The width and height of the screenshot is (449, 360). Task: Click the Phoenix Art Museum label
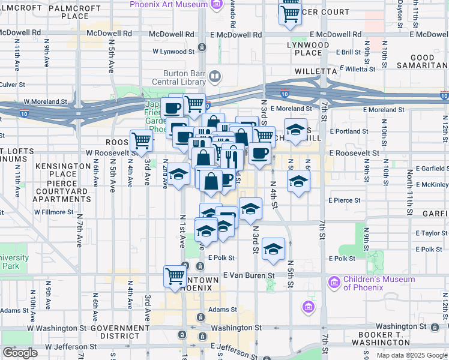point(169,4)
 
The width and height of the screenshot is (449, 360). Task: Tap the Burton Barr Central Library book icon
point(214,77)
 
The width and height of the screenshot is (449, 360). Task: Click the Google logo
point(20,353)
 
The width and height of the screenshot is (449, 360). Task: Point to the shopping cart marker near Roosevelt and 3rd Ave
point(142,142)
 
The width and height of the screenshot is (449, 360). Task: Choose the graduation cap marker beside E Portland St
point(295,130)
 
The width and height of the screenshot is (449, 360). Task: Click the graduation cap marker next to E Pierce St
point(298,181)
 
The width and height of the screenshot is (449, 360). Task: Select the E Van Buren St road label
point(248,275)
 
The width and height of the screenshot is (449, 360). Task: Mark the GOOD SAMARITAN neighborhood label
point(423,62)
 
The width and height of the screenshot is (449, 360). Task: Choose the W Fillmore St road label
point(53,212)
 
